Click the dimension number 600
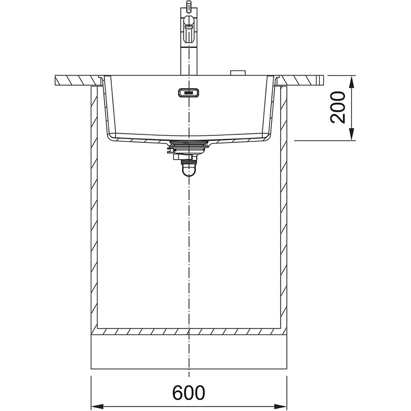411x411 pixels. pos(189,393)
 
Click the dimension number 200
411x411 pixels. pos(338,107)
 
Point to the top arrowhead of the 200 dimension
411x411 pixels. pos(352,81)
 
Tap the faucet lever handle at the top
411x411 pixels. pos(189,22)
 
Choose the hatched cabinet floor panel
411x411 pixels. pos(189,331)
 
